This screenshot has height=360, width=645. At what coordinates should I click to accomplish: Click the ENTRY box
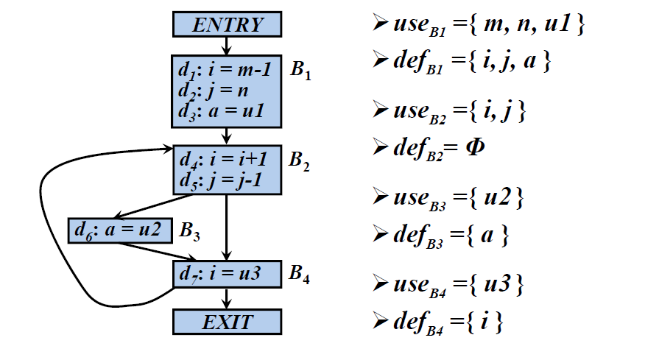(228, 25)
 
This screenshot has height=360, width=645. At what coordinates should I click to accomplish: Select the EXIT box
(228, 322)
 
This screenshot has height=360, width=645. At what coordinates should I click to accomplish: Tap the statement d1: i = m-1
(225, 71)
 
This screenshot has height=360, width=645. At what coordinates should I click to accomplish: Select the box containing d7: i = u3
(228, 274)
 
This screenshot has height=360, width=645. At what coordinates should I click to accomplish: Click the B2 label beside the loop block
(300, 161)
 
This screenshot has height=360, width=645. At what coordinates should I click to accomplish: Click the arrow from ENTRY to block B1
(228, 46)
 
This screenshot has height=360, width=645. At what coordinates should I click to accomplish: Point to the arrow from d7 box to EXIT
(228, 298)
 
